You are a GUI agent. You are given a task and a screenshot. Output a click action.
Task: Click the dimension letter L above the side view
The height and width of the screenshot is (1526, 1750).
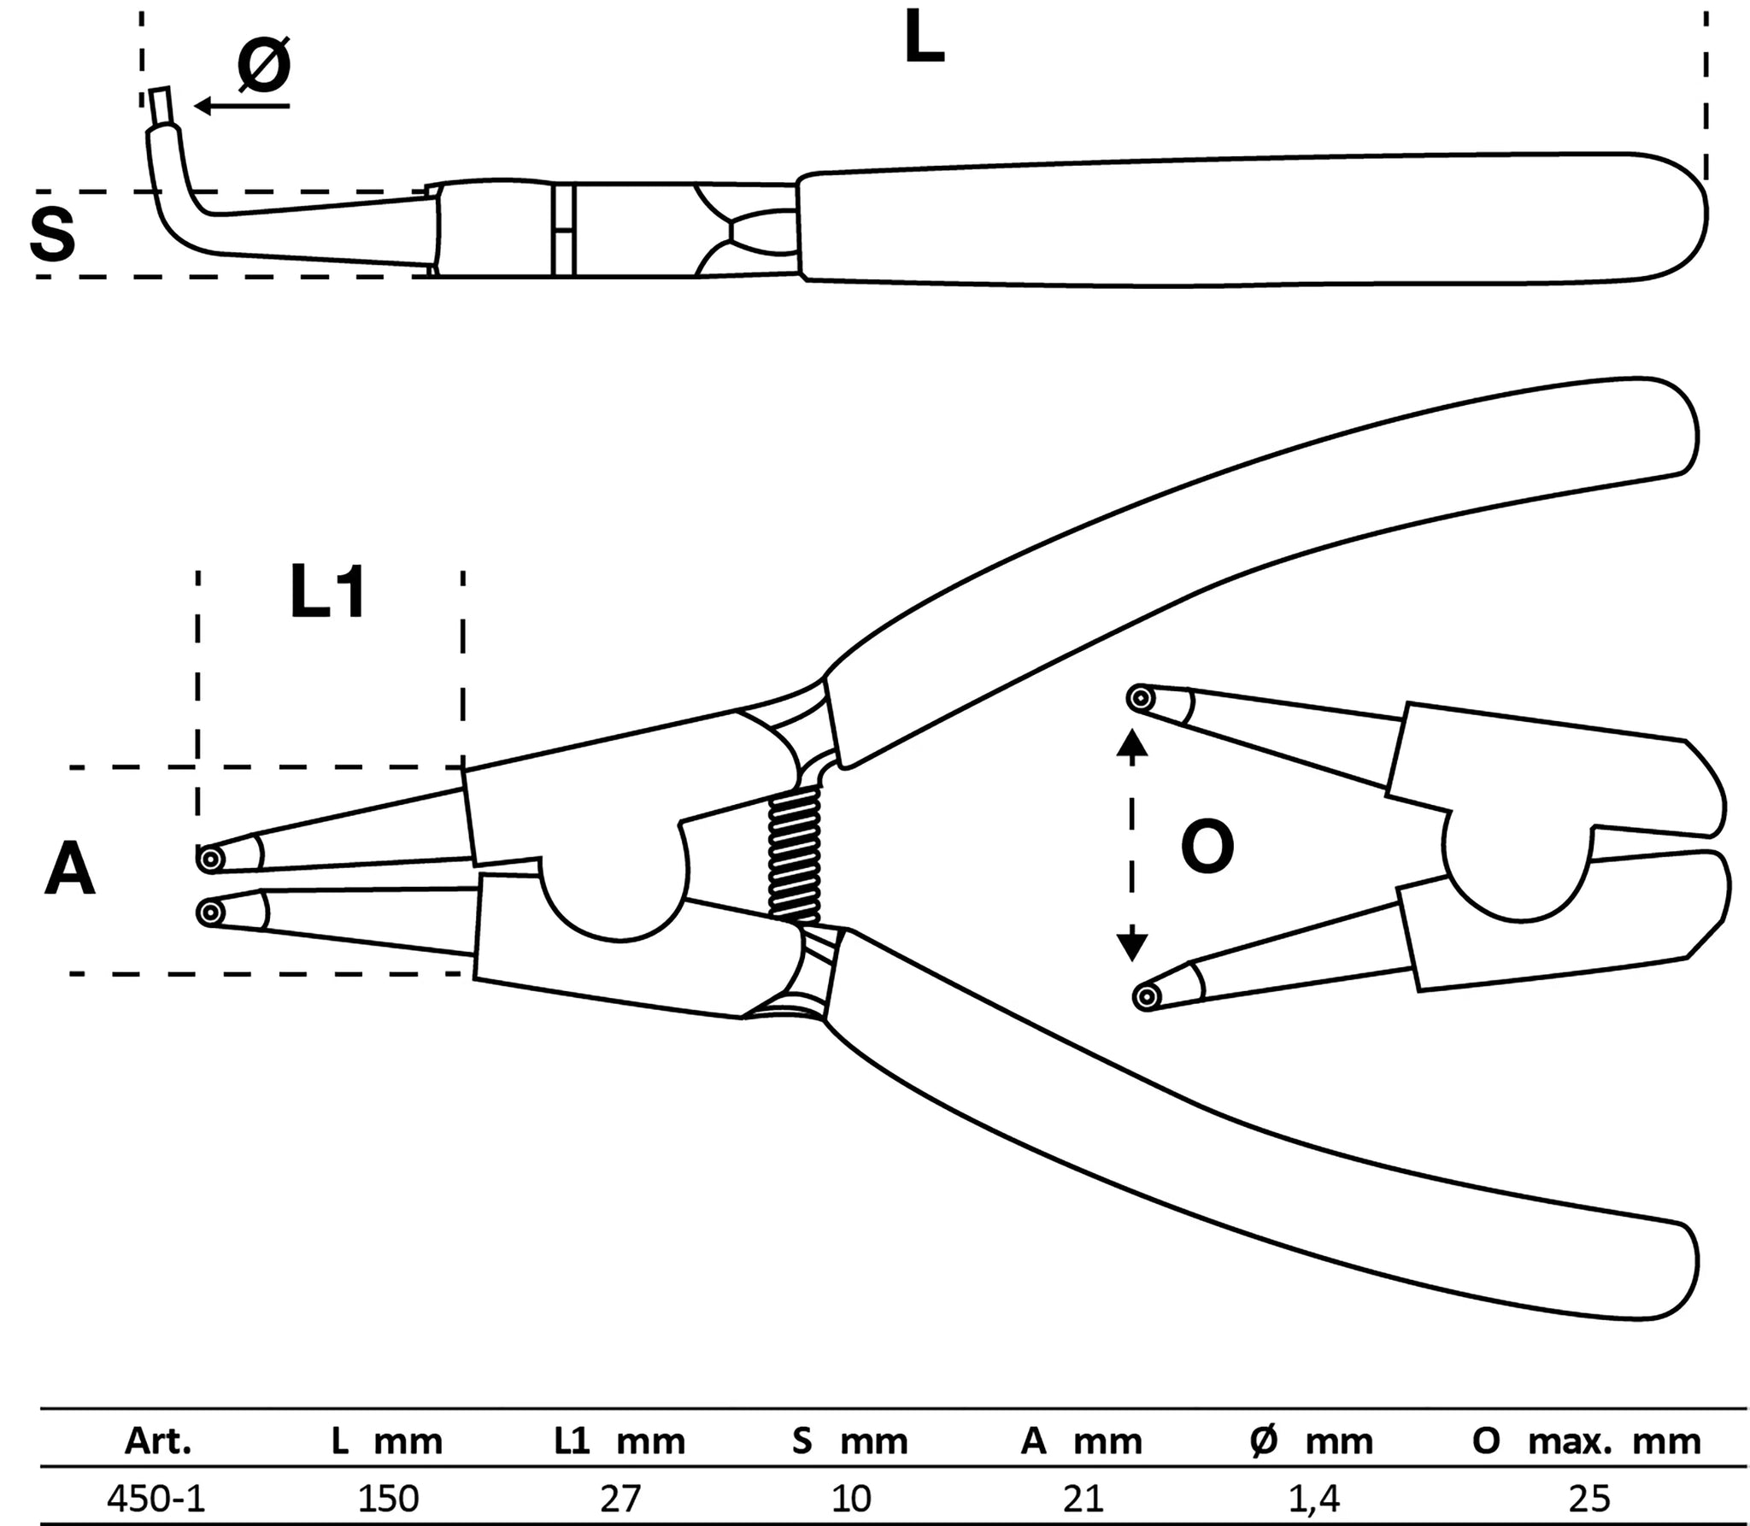coord(925,39)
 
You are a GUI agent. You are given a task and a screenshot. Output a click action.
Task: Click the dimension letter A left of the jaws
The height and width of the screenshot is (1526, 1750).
coord(69,869)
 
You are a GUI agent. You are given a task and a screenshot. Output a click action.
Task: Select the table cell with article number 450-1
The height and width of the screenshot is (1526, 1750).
coord(156,1497)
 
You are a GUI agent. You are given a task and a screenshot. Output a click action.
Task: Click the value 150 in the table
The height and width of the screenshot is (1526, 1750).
coord(389,1497)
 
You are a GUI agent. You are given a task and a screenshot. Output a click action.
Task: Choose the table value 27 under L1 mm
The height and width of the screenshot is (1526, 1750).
coord(620,1497)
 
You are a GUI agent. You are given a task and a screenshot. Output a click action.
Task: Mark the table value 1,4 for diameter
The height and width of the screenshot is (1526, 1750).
coord(1310,1497)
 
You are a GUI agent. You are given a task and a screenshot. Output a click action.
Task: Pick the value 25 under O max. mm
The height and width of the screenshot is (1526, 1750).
coord(1589,1497)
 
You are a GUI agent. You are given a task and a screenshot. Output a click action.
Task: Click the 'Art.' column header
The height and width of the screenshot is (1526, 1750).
coord(158,1441)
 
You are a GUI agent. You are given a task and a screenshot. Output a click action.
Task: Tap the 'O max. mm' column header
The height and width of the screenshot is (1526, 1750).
coord(1586,1441)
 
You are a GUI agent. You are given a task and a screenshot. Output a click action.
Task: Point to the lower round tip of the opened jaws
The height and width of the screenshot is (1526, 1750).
coord(1146,996)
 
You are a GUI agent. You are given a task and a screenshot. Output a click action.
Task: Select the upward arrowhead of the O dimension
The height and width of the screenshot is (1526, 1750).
coord(1132,744)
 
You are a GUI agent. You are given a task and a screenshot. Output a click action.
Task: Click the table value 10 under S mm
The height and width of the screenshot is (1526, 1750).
coord(851,1497)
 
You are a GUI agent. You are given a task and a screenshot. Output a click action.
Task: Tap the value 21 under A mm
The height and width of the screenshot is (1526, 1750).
coord(1083,1497)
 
